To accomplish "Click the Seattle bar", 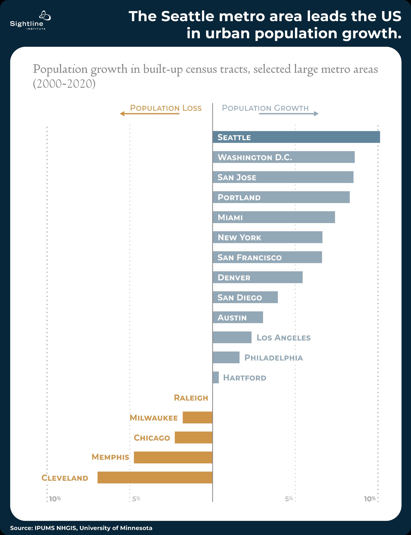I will click(296, 137).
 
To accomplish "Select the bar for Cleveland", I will click(155, 477).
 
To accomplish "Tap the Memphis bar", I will click(173, 457).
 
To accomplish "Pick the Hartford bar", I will click(216, 377).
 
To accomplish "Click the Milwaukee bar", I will click(197, 418).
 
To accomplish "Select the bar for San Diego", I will click(245, 297).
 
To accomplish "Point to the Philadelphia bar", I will click(226, 357).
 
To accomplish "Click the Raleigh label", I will click(191, 398).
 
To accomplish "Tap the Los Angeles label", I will click(283, 338).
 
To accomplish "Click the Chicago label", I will click(152, 438).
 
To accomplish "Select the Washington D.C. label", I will click(255, 157).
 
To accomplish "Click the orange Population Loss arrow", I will click(150, 114).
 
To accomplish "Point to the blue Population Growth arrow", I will click(289, 114).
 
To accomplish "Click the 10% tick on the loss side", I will click(55, 499).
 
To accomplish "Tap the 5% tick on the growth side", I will click(289, 499).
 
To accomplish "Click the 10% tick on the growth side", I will click(370, 499).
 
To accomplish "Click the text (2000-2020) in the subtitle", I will click(64, 84).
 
